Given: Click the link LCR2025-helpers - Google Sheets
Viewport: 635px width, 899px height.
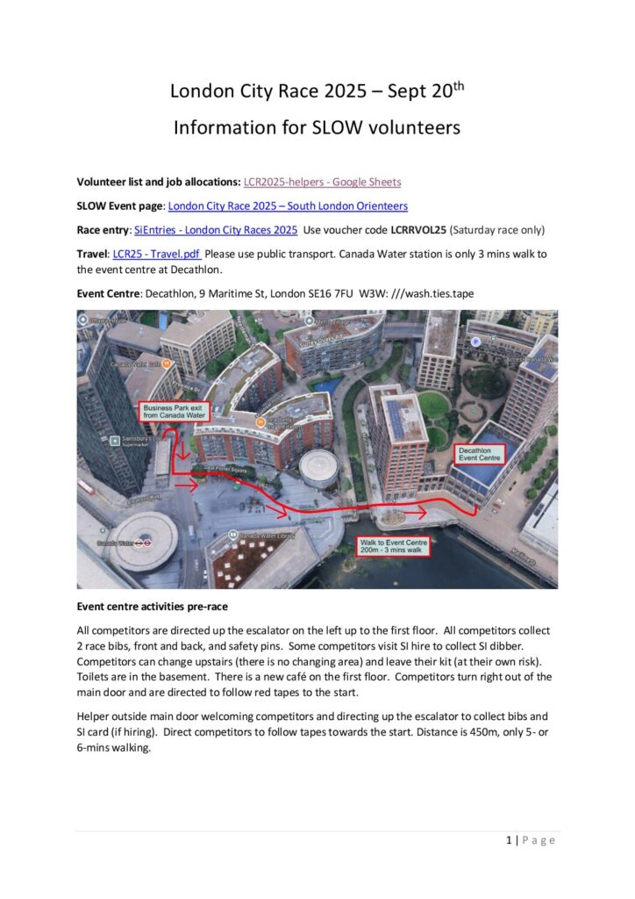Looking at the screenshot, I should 322,182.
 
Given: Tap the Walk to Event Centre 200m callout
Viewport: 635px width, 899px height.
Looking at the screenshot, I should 393,548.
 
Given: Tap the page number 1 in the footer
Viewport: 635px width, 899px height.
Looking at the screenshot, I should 509,840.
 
